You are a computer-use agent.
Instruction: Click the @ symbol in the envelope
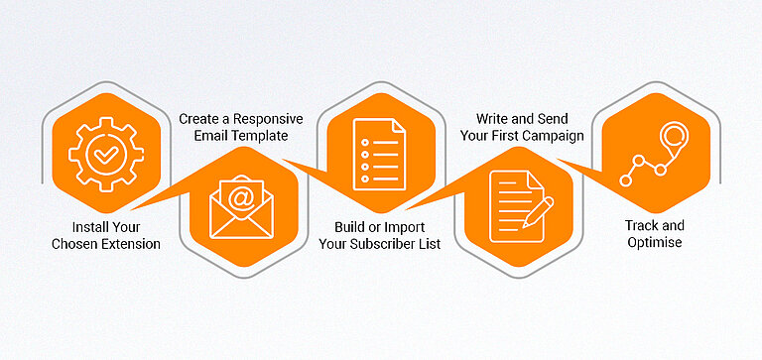(241, 196)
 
